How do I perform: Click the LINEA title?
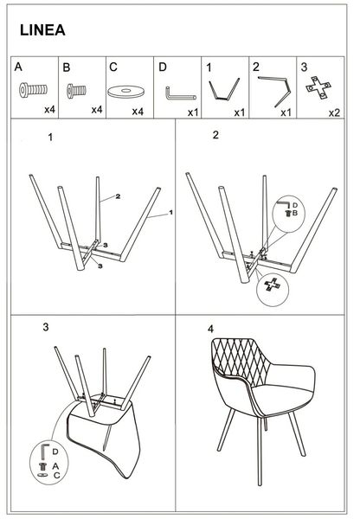click(x=42, y=30)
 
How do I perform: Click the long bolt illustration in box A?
click(x=33, y=90)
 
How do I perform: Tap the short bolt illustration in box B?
click(x=76, y=90)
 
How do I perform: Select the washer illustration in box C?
click(x=125, y=92)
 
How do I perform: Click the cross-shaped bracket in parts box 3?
click(x=318, y=87)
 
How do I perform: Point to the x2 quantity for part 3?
click(x=334, y=112)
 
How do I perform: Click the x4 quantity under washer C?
click(x=138, y=112)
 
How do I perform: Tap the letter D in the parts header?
click(x=163, y=67)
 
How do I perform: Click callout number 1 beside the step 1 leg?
click(x=170, y=212)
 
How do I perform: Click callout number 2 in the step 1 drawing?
click(x=118, y=196)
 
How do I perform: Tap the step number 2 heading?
click(x=215, y=135)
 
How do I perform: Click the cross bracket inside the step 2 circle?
click(x=273, y=285)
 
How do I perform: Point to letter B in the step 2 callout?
click(x=295, y=213)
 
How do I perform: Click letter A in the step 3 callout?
click(x=55, y=466)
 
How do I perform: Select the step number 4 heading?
click(x=210, y=329)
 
